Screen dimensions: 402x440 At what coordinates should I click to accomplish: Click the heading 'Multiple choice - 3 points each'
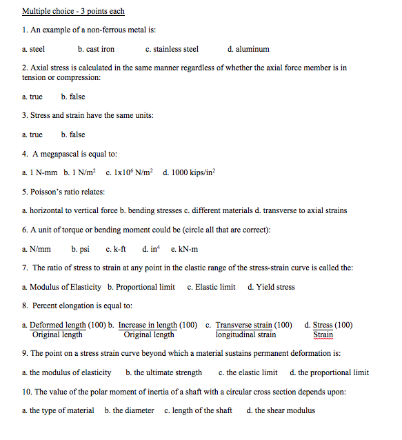click(x=73, y=12)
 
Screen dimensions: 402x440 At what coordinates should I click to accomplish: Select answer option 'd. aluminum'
click(x=248, y=49)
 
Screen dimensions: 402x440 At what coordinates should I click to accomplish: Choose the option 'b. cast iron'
click(x=96, y=49)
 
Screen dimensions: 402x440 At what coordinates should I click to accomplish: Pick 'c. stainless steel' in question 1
click(x=172, y=49)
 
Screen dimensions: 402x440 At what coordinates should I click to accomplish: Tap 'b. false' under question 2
click(x=73, y=97)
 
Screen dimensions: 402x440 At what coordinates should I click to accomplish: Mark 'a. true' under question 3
click(x=32, y=134)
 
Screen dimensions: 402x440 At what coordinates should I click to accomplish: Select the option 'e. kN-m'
click(x=183, y=249)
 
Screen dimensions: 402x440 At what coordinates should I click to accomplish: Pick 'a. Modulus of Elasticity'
click(x=61, y=287)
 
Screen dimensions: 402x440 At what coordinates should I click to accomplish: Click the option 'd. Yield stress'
click(x=271, y=287)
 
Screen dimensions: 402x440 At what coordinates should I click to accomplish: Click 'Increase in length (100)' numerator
click(x=158, y=325)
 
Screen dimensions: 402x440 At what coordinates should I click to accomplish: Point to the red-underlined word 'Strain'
click(x=323, y=334)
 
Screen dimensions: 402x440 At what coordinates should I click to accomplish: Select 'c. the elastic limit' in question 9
click(x=248, y=372)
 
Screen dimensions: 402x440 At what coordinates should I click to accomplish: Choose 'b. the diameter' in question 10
click(x=129, y=410)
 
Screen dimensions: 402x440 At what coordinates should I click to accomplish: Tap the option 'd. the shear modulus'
click(x=281, y=410)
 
